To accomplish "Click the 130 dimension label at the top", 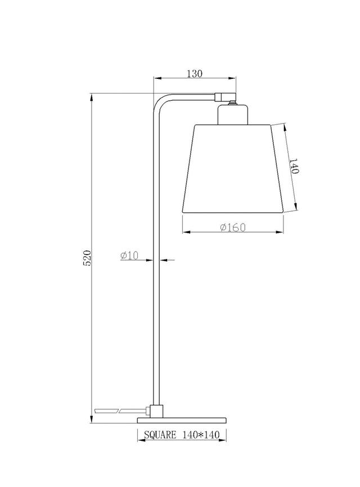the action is tap(195, 74).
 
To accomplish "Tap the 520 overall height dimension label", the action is tap(87, 257).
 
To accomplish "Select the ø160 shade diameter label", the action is tap(233, 227).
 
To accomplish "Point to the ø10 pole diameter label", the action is tap(129, 256).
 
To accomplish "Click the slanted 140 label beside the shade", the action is tap(294, 166).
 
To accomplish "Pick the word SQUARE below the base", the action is tap(160, 435).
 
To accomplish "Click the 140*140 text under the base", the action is tap(201, 435).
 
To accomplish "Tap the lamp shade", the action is tap(233, 169).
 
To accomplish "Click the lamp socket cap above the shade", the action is tap(233, 115).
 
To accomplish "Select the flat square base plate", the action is tap(182, 421).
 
